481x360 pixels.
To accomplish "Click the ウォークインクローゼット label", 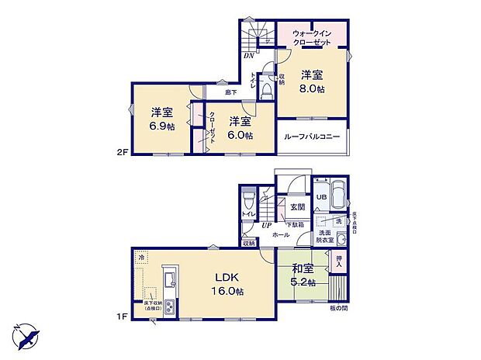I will click(x=313, y=38).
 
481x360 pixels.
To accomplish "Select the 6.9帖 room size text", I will click(x=162, y=126).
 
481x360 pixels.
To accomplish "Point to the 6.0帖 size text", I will click(x=240, y=136).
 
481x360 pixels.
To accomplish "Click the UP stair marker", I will click(x=265, y=224).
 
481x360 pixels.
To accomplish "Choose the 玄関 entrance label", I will click(x=297, y=207).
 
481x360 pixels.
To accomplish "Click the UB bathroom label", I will click(x=320, y=198).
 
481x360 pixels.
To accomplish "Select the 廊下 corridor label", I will click(x=230, y=92).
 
